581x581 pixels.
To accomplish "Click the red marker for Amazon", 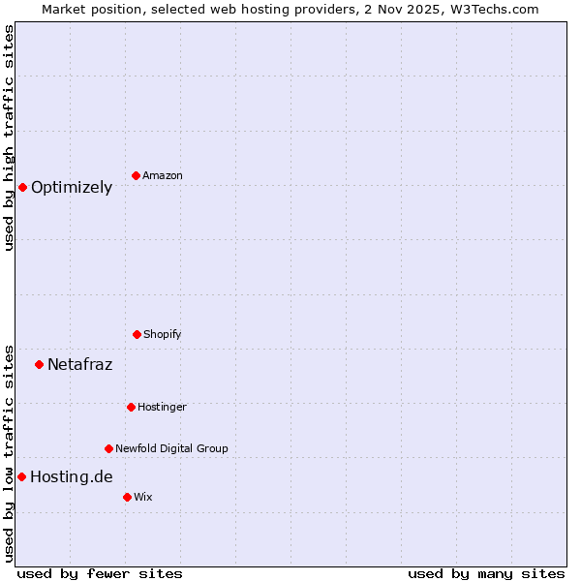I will point(136,175).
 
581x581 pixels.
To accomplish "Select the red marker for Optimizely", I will point(22,187).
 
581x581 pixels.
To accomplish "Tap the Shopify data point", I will point(137,334).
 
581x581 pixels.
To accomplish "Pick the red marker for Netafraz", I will point(39,364).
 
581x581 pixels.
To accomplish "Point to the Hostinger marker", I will point(131,407).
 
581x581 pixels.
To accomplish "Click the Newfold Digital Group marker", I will point(108,448).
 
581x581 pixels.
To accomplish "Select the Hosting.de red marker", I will point(21,476).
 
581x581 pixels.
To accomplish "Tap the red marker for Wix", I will point(127,497).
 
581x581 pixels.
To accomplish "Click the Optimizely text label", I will point(72,188).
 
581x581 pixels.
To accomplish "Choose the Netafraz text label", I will point(79,365).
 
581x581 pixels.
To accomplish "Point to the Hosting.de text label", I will point(72,476).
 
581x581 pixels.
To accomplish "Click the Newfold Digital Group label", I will point(171,448).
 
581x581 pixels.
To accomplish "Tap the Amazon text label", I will point(163,175).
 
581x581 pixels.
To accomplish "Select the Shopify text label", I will point(163,334).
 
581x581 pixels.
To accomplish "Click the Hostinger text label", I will point(162,407).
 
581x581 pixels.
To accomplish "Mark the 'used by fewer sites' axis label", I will point(100,573).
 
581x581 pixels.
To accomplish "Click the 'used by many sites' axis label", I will point(486,573).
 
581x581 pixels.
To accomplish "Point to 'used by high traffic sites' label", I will point(9,138).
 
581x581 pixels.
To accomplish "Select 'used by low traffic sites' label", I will point(9,452).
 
